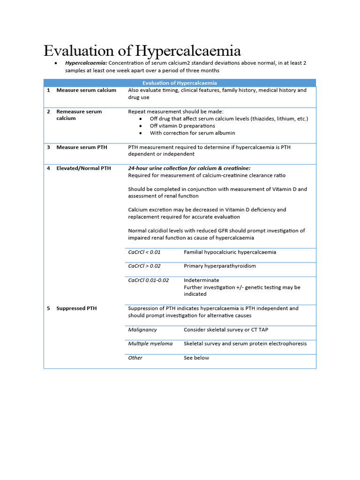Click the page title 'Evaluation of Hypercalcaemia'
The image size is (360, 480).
[x=142, y=51]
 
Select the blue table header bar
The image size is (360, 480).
[x=180, y=83]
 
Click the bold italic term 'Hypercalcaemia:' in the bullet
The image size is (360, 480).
[x=86, y=63]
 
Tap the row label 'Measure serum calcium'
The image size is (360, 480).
[x=86, y=90]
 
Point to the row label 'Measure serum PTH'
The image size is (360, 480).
[x=82, y=147]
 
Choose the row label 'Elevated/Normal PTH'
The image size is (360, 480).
[x=83, y=168]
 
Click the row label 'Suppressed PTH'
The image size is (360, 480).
[x=76, y=308]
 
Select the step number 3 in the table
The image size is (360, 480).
[x=48, y=147]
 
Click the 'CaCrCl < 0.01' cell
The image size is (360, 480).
[x=144, y=252]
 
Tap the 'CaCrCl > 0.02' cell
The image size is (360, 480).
[x=144, y=266]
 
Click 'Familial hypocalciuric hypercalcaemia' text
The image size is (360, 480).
[x=230, y=252]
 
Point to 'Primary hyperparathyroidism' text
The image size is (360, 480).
[x=220, y=266]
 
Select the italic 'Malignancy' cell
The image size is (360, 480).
[x=142, y=330]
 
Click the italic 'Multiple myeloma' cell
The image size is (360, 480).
[x=150, y=344]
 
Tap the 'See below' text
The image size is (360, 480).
[x=196, y=358]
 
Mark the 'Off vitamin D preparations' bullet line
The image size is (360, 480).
[x=182, y=126]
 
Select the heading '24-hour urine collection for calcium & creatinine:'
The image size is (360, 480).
[x=189, y=168]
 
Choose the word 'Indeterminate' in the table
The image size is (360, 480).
[x=201, y=280]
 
